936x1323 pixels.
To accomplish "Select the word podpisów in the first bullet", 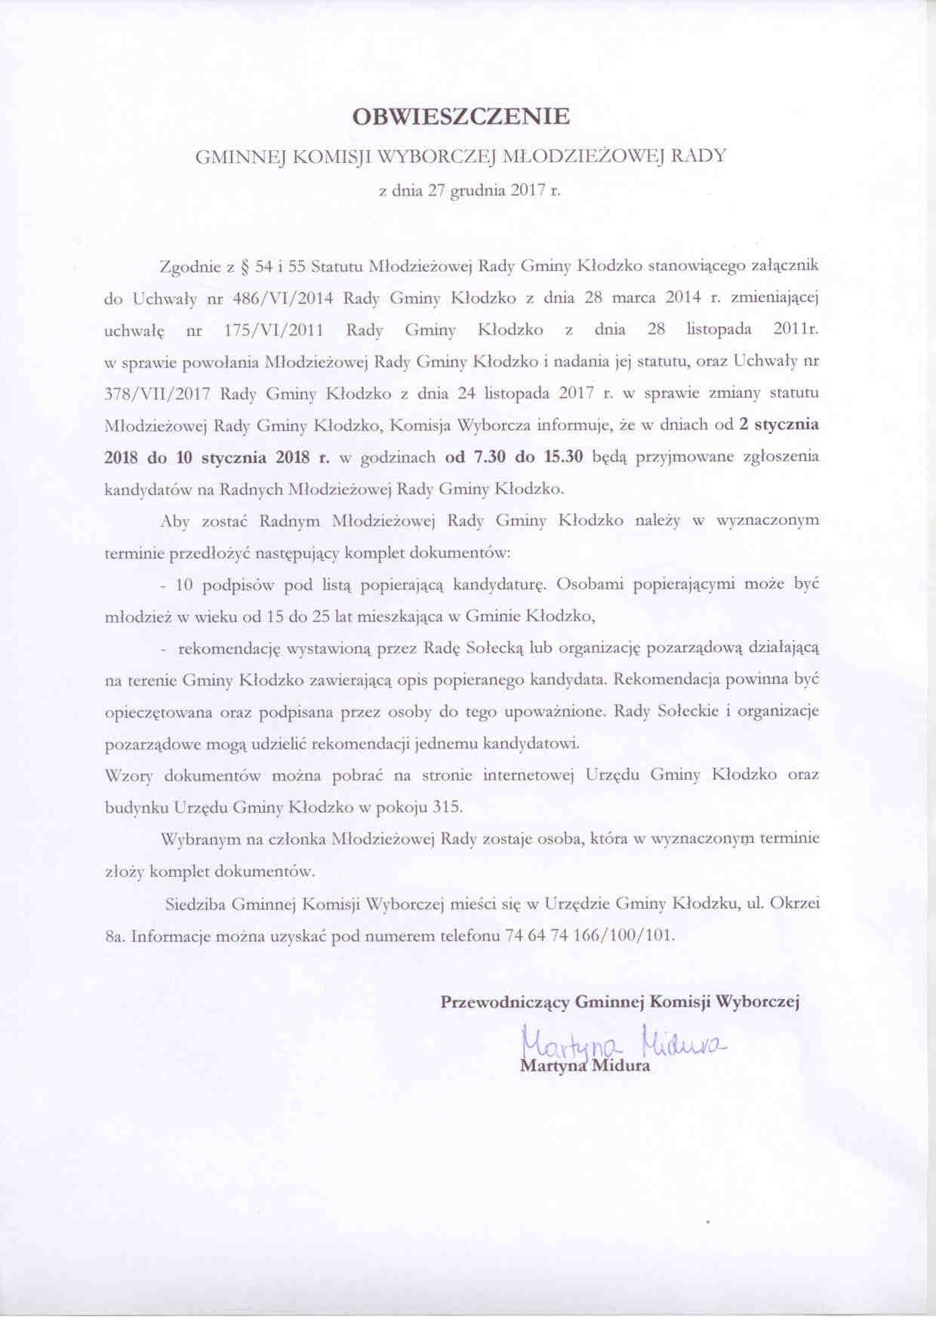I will (240, 584).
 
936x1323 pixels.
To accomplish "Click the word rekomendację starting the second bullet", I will (229, 648).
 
